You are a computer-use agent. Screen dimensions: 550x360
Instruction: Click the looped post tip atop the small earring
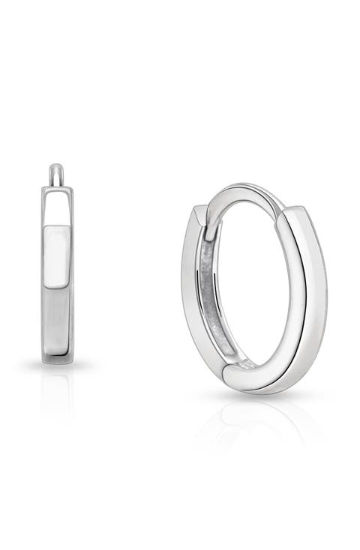(57, 172)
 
